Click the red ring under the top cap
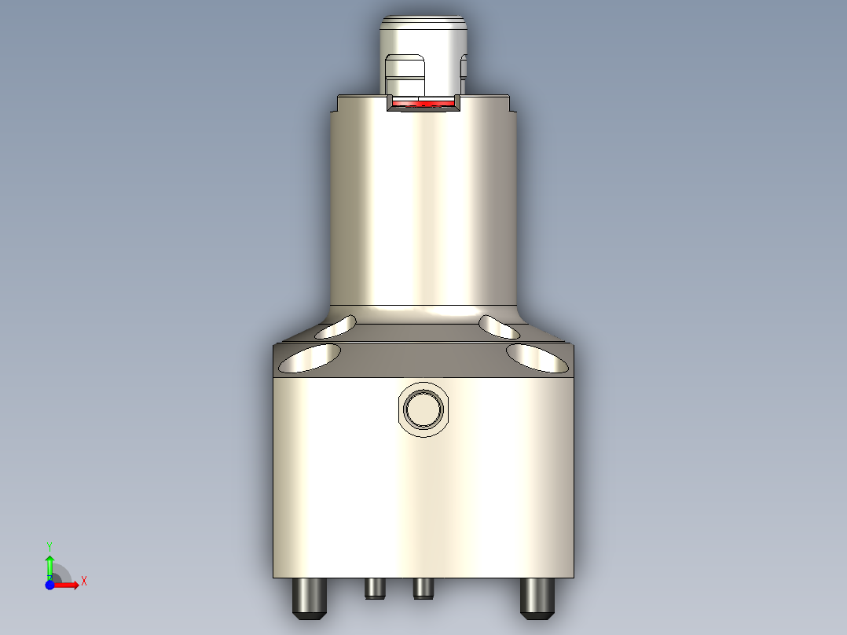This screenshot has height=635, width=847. [x=424, y=103]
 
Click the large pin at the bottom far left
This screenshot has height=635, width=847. [x=309, y=598]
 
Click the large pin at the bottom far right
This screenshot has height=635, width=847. [x=537, y=598]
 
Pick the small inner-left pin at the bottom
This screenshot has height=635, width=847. [x=375, y=588]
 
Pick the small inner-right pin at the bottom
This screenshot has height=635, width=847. [x=423, y=588]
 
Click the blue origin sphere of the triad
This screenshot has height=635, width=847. [x=49, y=585]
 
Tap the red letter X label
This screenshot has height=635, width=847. [x=83, y=581]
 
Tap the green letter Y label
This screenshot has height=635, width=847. [x=49, y=545]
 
